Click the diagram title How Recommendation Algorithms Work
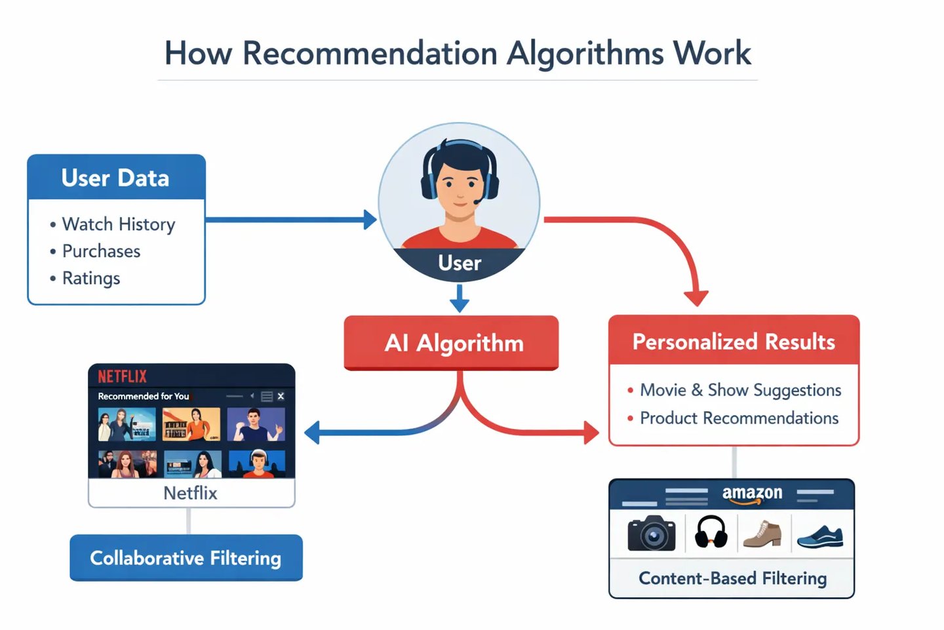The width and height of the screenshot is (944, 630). pyautogui.click(x=458, y=53)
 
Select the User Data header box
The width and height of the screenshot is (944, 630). pyautogui.click(x=116, y=178)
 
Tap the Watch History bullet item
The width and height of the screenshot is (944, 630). pyautogui.click(x=118, y=224)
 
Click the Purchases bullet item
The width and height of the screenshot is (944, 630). pyautogui.click(x=101, y=251)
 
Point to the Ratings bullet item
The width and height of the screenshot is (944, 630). pyautogui.click(x=90, y=278)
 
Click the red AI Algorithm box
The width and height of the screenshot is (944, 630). pyautogui.click(x=451, y=343)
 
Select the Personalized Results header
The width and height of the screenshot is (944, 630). pyautogui.click(x=734, y=341)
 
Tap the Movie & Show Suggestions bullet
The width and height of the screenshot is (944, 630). pyautogui.click(x=740, y=390)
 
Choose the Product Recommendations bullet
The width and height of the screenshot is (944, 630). pyautogui.click(x=739, y=418)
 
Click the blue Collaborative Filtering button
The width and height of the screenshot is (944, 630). pyautogui.click(x=186, y=558)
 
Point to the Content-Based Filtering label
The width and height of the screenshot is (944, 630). pyautogui.click(x=732, y=578)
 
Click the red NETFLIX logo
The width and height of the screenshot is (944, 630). pyautogui.click(x=123, y=376)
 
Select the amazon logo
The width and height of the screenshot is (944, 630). pyautogui.click(x=752, y=494)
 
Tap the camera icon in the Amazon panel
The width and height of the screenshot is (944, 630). pyautogui.click(x=651, y=533)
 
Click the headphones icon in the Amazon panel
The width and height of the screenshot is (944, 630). pyautogui.click(x=711, y=532)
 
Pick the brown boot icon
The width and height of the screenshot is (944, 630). pyautogui.click(x=763, y=533)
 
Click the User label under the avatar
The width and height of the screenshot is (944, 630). pyautogui.click(x=460, y=263)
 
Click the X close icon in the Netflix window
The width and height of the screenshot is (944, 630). pyautogui.click(x=281, y=396)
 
